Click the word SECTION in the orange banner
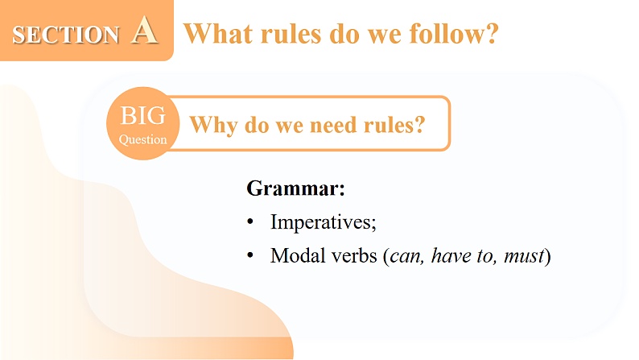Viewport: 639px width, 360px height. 66,35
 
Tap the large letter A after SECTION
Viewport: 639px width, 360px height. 142,31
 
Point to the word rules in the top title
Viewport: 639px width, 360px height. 291,33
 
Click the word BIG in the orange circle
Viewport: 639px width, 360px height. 143,116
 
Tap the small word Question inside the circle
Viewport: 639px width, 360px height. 143,139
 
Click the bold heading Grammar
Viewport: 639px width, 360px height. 295,189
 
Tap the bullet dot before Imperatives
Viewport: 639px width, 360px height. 251,221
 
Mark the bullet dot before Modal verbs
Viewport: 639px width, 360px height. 251,256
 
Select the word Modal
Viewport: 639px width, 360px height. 294,256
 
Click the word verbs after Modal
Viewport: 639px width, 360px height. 352,256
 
